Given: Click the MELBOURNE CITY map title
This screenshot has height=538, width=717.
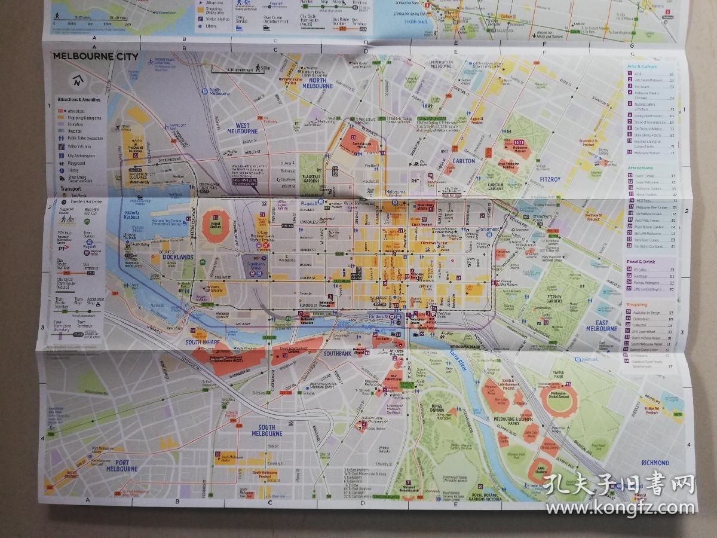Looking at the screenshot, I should click(96, 57).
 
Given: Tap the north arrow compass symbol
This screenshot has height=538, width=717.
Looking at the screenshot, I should click(76, 80).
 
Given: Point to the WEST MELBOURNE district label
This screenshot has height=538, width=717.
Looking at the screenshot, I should click(242, 128).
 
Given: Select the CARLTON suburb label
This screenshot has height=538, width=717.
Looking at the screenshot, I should click(464, 161).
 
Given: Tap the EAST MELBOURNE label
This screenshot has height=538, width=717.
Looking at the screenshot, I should click(602, 325).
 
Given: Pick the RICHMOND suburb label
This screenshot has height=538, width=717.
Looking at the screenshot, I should click(655, 463).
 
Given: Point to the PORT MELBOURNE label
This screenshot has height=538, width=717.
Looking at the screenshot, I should click(122, 466).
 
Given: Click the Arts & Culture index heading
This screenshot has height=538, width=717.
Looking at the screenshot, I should click(642, 66).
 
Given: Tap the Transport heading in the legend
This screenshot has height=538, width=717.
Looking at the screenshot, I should click(71, 188).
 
